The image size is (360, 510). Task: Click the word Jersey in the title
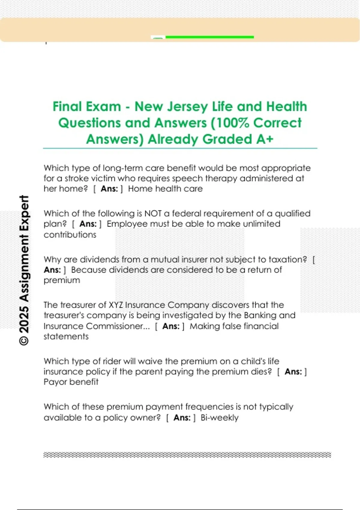tap(187, 107)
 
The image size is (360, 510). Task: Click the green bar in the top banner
tap(209, 37)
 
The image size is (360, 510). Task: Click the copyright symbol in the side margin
tap(24, 341)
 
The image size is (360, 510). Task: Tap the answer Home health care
tap(165, 189)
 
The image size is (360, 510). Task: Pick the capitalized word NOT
tap(153, 214)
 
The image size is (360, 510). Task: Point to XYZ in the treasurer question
tap(115, 305)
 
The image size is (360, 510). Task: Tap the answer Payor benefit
tap(71, 382)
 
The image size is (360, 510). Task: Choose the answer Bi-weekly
tap(219, 418)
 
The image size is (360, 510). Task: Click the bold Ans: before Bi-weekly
tap(182, 418)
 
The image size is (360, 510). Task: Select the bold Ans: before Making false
tap(171, 326)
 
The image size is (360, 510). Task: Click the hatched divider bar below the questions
tap(187, 455)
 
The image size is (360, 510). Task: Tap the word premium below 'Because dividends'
tap(62, 280)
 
